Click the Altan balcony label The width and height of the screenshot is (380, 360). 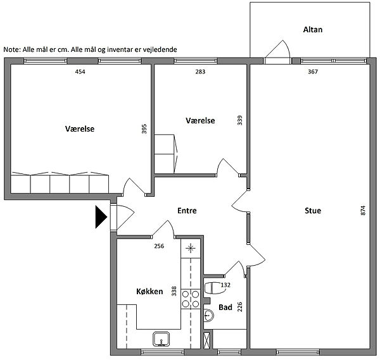313,30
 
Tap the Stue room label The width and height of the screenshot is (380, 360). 313,211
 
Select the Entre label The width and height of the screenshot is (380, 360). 187,211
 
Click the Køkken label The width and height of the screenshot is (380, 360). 149,291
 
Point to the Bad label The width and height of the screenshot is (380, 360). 225,307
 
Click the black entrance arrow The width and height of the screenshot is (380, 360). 101,217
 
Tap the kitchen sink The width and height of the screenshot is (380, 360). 161,338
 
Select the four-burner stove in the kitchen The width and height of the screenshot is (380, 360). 191,299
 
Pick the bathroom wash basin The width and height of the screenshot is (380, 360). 208,316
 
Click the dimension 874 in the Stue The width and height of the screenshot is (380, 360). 363,211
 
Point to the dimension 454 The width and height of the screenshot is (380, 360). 80,71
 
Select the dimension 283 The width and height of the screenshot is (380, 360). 200,71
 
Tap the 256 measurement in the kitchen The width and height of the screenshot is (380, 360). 159,246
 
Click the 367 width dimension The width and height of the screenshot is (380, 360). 313,71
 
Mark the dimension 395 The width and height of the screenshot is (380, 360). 144,129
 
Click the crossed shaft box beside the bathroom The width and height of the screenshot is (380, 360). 206,340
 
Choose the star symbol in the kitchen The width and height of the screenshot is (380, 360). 191,248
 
